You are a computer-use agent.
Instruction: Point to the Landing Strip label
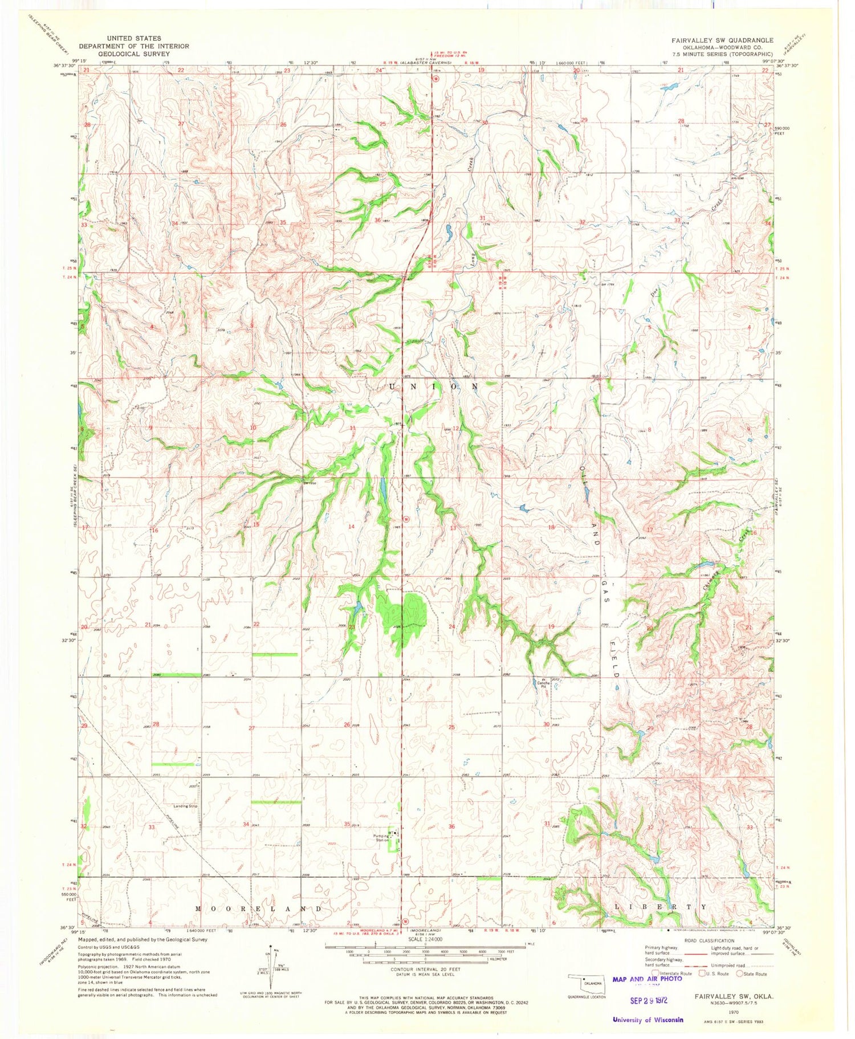[x=186, y=806]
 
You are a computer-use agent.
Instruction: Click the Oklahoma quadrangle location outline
[x=585, y=983]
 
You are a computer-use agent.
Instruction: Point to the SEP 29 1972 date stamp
[x=648, y=1000]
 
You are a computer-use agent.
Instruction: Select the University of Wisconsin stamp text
[x=648, y=1020]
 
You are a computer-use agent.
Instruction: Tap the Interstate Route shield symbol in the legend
[x=655, y=973]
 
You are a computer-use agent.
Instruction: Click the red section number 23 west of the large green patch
[x=352, y=626]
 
